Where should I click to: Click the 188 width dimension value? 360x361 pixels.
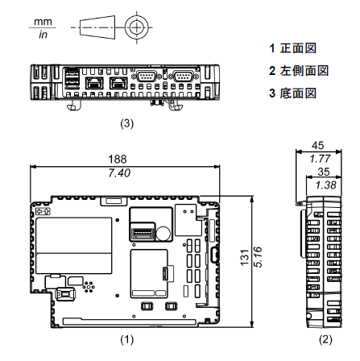(x=118, y=160)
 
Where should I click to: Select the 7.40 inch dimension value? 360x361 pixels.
(x=119, y=173)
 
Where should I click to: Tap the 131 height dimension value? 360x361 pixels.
(x=245, y=258)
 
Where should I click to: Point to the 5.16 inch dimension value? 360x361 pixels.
(x=258, y=257)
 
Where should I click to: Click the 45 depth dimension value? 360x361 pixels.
(x=318, y=146)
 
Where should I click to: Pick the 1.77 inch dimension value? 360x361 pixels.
(x=320, y=159)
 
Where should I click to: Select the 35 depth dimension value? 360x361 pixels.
(x=324, y=172)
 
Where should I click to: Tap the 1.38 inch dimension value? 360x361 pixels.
(x=325, y=185)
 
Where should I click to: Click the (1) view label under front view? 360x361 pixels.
(x=126, y=339)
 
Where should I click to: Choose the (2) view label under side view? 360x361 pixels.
(x=325, y=339)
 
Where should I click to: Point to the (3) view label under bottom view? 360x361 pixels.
(x=126, y=123)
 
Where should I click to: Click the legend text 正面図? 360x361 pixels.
(x=298, y=48)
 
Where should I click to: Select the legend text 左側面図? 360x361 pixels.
(x=304, y=71)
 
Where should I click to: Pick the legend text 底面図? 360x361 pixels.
(x=298, y=93)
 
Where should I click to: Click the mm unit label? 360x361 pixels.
(x=43, y=22)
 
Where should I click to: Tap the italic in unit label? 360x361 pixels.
(x=43, y=35)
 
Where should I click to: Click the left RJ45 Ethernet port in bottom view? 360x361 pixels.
(x=94, y=83)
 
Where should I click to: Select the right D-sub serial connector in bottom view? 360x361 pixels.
(x=184, y=77)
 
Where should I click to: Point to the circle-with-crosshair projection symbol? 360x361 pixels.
(x=137, y=27)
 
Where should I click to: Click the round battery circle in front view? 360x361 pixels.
(x=163, y=234)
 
